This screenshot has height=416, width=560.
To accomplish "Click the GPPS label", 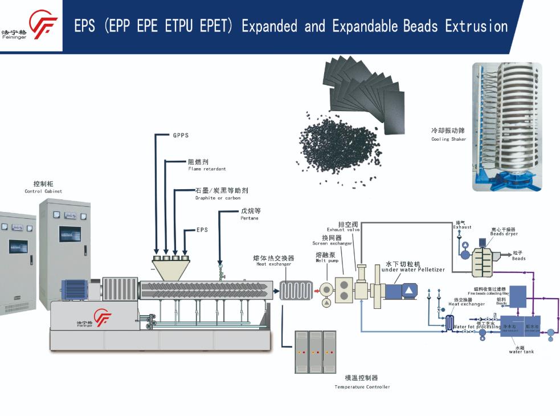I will [x=181, y=136].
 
